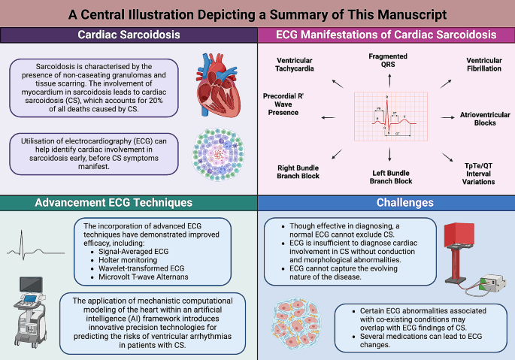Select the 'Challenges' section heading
point(386,202)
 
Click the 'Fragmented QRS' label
point(388,61)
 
